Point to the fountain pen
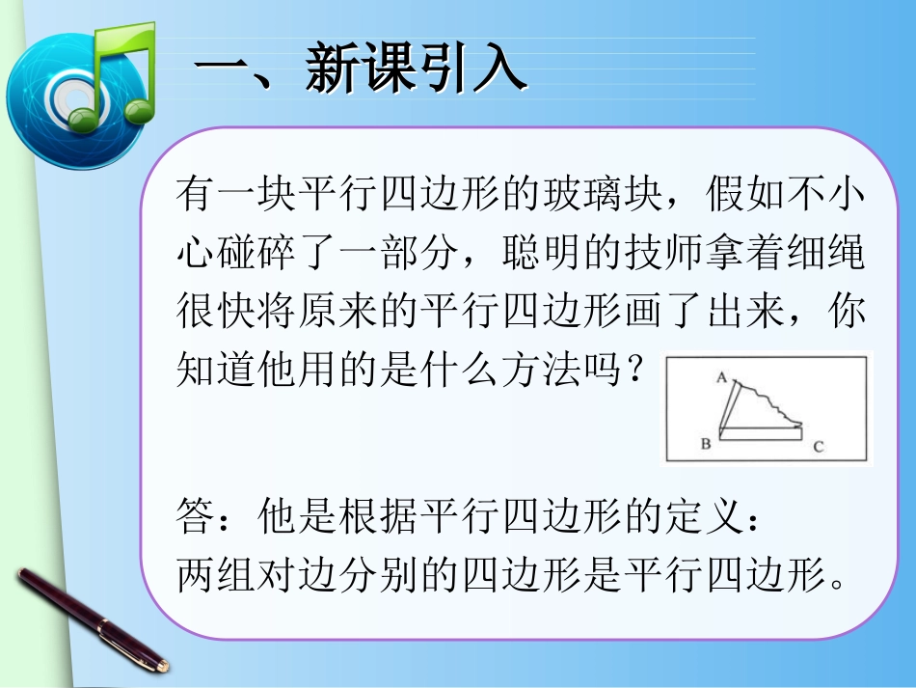click(92, 619)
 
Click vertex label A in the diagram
click(720, 378)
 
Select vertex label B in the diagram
click(705, 444)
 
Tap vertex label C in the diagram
click(818, 446)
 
